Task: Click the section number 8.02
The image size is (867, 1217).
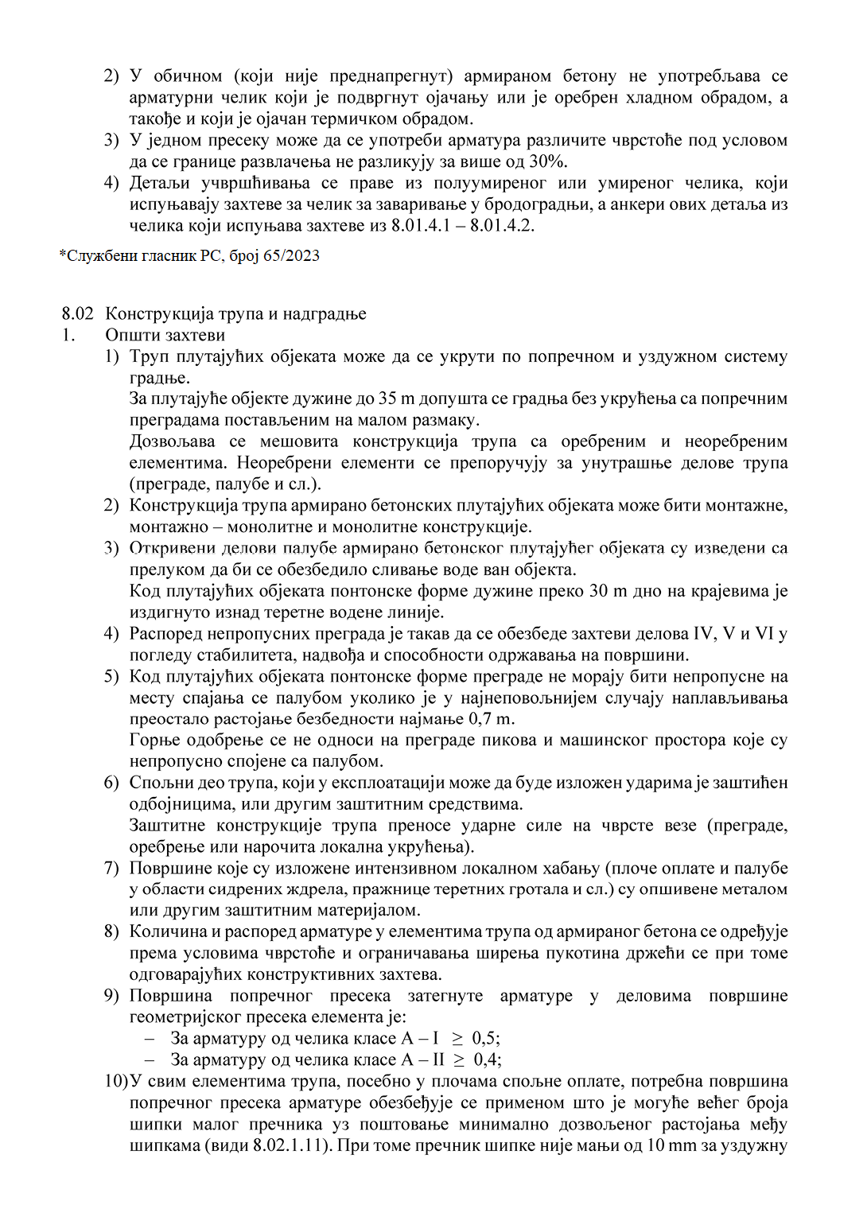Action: pos(77,313)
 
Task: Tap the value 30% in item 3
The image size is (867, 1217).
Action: pos(547,161)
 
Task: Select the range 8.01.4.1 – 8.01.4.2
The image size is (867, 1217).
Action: pos(462,226)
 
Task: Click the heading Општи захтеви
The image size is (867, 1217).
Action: pos(165,335)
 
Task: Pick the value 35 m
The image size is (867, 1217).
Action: pos(390,399)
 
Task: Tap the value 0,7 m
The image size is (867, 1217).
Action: pos(491,719)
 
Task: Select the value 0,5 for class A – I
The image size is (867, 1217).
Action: pos(485,1039)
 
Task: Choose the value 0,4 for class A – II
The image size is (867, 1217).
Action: pos(487,1060)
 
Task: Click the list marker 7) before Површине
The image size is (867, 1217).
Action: pos(111,868)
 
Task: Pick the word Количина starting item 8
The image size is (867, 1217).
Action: pos(165,932)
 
